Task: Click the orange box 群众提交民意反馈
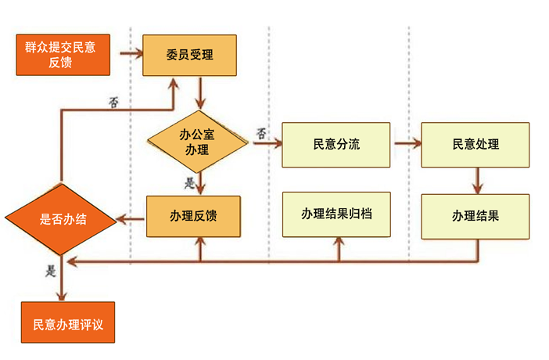[x=60, y=55]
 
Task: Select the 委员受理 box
[x=189, y=55]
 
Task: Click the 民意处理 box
[x=475, y=145]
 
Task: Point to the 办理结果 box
[x=475, y=216]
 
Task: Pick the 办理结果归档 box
[x=336, y=213]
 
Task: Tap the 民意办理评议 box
[x=68, y=322]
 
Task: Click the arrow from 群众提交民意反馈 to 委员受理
[x=131, y=55]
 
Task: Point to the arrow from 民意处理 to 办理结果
[x=477, y=181]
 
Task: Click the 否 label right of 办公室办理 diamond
[x=261, y=134]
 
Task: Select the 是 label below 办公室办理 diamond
[x=190, y=184]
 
